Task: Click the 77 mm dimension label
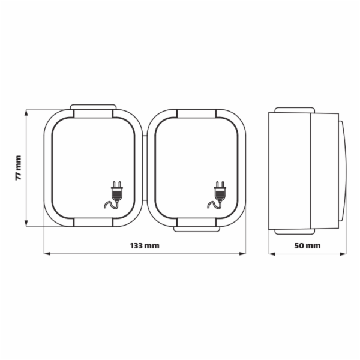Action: (19, 168)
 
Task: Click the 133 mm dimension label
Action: (145, 245)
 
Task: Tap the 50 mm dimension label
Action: (307, 245)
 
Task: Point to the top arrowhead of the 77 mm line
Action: (26, 113)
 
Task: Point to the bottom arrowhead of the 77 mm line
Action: (26, 223)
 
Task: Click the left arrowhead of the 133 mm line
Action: (47, 253)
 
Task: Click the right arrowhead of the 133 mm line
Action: (242, 253)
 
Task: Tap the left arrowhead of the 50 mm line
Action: (272, 254)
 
